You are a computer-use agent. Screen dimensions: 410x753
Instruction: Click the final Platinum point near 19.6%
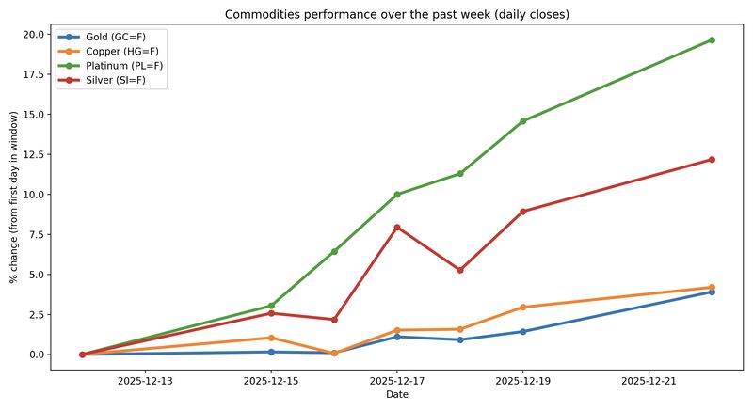pos(712,40)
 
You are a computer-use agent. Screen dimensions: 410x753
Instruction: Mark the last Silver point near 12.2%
pos(712,160)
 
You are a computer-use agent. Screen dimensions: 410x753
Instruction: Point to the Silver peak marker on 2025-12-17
pos(397,228)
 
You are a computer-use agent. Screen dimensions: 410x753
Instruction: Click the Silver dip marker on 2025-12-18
pos(460,270)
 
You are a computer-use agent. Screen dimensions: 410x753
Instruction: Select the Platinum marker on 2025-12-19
pos(523,121)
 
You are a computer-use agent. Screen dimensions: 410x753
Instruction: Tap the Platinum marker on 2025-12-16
pos(334,251)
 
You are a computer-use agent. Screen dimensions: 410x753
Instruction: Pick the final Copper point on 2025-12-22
pos(712,288)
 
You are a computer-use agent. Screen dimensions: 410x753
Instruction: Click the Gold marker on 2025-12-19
pos(523,332)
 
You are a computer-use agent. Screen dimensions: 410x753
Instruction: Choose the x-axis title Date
pos(396,396)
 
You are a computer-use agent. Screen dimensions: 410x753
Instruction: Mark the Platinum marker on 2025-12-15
pos(271,307)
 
